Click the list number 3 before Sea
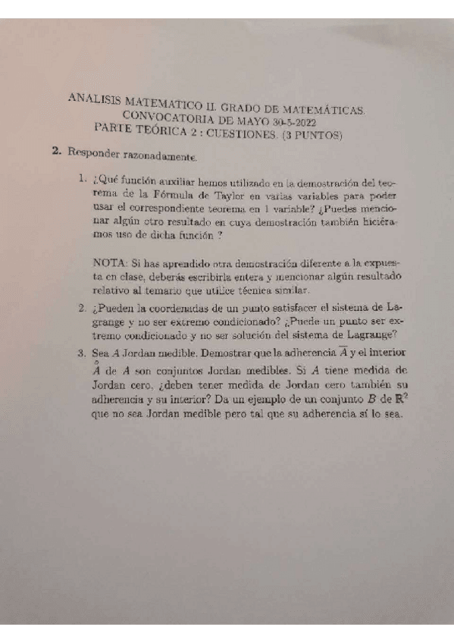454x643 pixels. point(80,353)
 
